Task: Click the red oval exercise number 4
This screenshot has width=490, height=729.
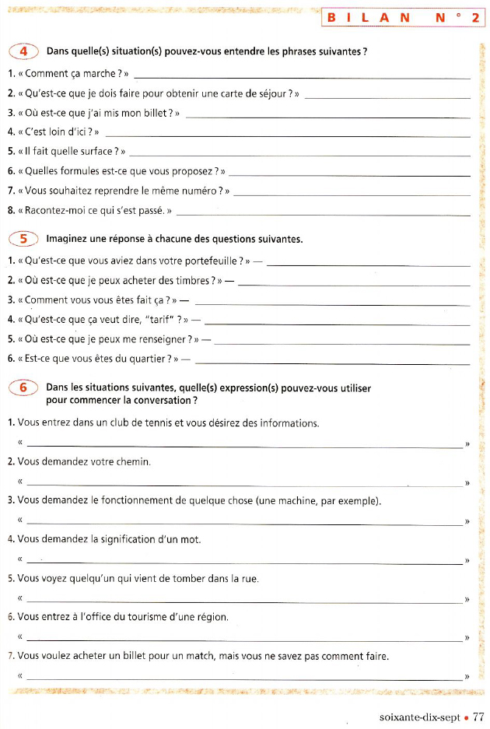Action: click(23, 51)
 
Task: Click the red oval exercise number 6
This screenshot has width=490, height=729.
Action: click(23, 387)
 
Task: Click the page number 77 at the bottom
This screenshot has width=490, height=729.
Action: click(478, 717)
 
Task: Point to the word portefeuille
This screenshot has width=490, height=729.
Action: click(208, 261)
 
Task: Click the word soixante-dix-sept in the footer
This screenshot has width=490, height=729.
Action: click(420, 717)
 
